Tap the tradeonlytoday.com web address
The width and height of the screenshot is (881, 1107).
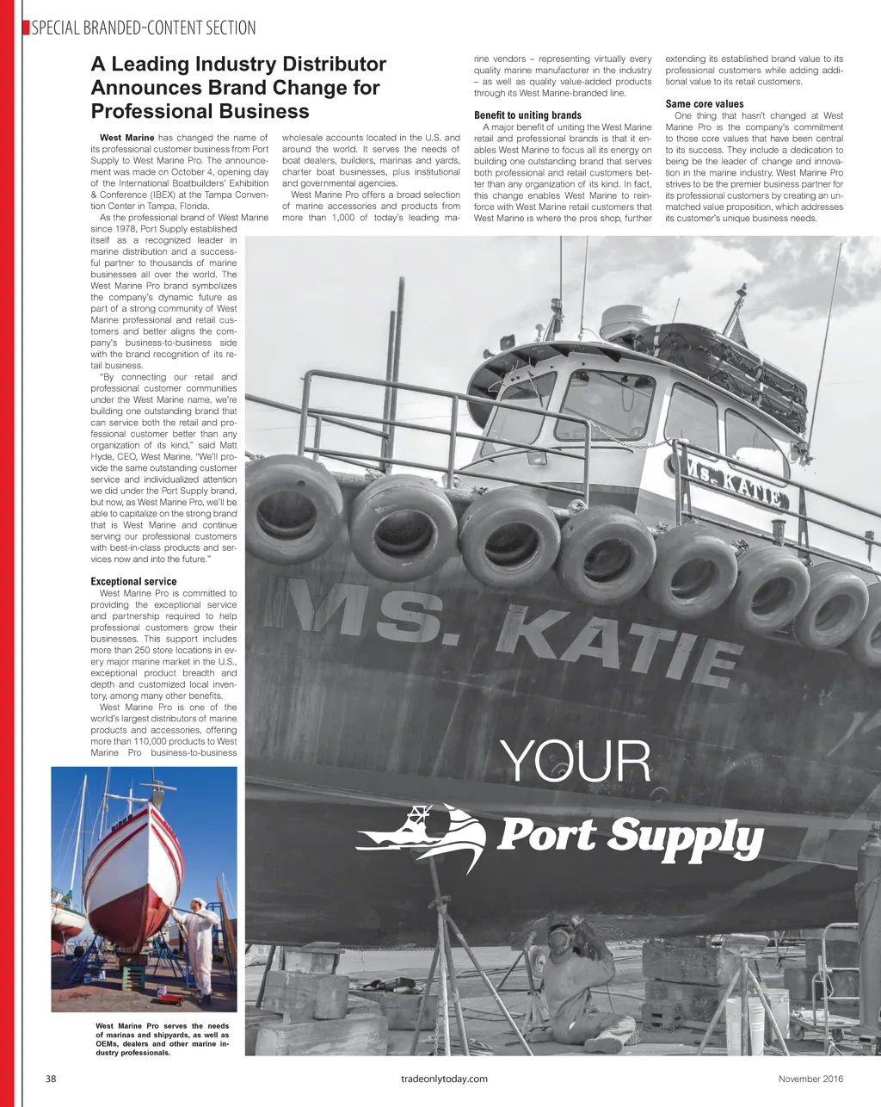click(x=445, y=1079)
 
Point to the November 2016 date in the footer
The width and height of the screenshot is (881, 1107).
click(x=810, y=1079)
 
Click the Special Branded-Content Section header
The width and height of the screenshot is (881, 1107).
click(x=143, y=28)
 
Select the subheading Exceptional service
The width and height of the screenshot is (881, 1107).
click(x=133, y=582)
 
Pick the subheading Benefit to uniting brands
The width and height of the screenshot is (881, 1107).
click(x=527, y=115)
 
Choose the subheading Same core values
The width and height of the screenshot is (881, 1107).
click(x=705, y=104)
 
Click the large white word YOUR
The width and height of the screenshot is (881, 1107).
click(x=575, y=763)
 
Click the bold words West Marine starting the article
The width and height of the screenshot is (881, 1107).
click(x=127, y=138)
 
